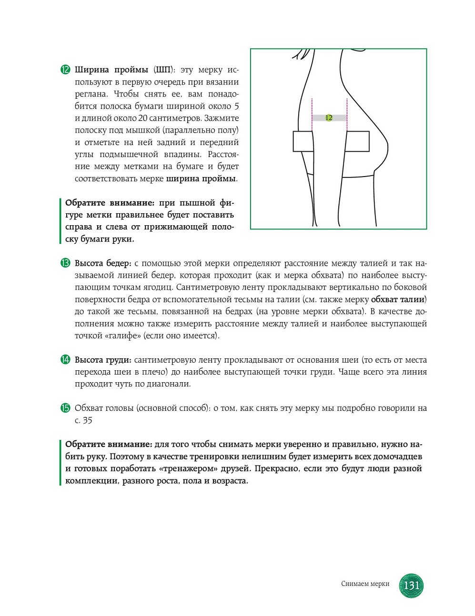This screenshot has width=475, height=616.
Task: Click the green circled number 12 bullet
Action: [x=65, y=70]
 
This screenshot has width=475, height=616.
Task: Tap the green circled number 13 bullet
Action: [x=65, y=263]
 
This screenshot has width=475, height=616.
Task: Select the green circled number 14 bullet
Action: [x=65, y=360]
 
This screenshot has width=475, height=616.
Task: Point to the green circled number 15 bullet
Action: [x=65, y=408]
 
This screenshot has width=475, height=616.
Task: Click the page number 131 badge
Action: [x=411, y=585]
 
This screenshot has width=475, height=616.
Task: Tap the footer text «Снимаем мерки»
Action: [x=365, y=584]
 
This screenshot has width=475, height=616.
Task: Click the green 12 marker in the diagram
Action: [x=329, y=118]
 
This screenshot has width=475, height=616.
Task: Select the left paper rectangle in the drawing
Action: [x=303, y=142]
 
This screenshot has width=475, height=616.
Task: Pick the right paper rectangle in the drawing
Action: [x=357, y=142]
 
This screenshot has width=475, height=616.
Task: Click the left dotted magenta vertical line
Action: [x=312, y=115]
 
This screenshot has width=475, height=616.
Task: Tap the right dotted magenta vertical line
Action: [x=347, y=115]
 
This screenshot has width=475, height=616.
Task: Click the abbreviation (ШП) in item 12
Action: [x=163, y=70]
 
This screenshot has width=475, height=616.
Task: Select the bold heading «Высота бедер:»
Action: [x=103, y=263]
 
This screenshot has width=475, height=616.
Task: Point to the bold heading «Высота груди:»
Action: [x=103, y=360]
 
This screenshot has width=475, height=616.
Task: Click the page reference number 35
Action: [x=87, y=420]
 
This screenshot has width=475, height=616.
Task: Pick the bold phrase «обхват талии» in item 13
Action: [x=398, y=300]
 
